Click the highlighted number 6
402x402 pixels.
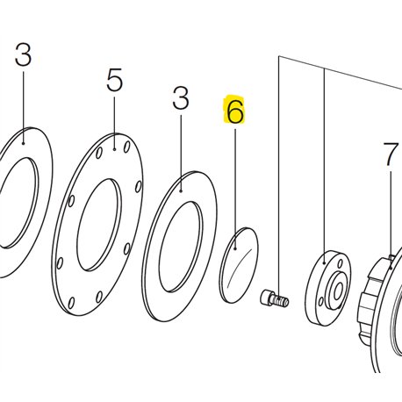pyautogui.click(x=235, y=111)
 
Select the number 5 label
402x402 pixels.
pyautogui.click(x=114, y=80)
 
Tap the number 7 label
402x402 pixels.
pyautogui.click(x=391, y=154)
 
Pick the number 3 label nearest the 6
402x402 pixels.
pyautogui.click(x=181, y=98)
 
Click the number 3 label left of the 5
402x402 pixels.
pyautogui.click(x=23, y=54)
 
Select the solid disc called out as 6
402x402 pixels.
pyautogui.click(x=239, y=265)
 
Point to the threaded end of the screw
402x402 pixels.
pyautogui.click(x=282, y=301)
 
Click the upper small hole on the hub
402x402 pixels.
pyautogui.click(x=340, y=264)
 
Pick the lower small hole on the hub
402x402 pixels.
pyautogui.click(x=321, y=301)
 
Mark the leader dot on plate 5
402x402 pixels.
pyautogui.click(x=115, y=149)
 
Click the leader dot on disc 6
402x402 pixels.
pyautogui.click(x=235, y=248)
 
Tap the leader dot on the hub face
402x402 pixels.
pyautogui.click(x=324, y=263)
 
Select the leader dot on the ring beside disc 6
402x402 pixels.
pyautogui.click(x=181, y=191)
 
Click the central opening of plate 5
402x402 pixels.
pyautogui.click(x=99, y=225)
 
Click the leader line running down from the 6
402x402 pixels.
pyautogui.click(x=235, y=189)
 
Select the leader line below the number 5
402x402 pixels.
pyautogui.click(x=114, y=123)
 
